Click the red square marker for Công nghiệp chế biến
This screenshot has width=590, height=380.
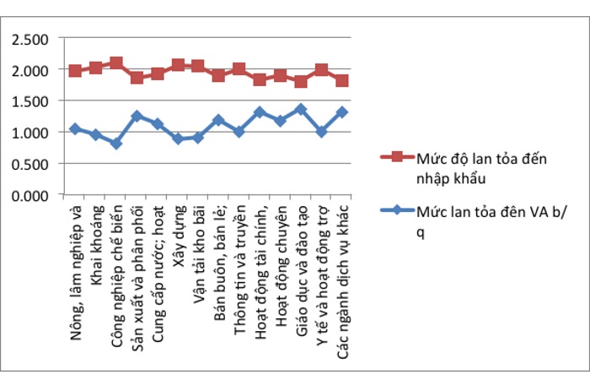[x=116, y=63]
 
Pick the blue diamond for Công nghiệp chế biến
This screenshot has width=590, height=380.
[x=116, y=144]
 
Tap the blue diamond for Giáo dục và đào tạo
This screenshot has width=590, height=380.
[x=301, y=109]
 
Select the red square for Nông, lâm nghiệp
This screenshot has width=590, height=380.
[x=75, y=71]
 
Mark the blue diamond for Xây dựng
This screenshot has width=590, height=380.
[x=178, y=138]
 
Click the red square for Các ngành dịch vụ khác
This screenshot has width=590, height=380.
[x=342, y=81]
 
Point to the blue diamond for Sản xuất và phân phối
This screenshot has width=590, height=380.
[x=137, y=116]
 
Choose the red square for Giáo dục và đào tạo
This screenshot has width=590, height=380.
[x=301, y=82]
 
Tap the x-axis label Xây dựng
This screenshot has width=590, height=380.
[x=178, y=228]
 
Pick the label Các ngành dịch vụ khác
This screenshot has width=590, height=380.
[x=342, y=279]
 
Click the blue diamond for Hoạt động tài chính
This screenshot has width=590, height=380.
[x=260, y=112]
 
